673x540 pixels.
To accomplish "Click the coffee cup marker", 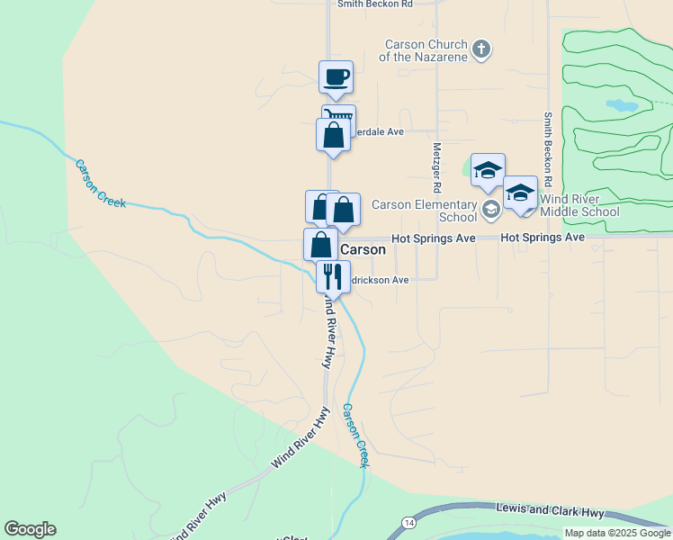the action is pos(336,77).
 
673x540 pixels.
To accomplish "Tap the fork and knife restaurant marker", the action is pos(333,276).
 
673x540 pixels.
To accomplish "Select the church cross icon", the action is pos(481,49).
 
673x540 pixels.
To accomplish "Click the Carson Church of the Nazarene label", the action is pos(426,50).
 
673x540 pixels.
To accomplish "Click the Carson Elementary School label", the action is pos(424,211).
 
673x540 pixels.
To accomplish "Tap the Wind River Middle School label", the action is pos(579,205).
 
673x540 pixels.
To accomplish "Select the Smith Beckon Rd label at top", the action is pos(374,4).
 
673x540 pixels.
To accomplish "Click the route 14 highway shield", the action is pos(409,522).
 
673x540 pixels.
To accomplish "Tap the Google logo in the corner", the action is pos(30,529).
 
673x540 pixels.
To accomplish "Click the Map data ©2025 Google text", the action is pos(618,533).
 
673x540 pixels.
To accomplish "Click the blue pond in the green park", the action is pos(622,105).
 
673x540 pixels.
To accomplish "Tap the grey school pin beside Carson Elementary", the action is pos(491,211).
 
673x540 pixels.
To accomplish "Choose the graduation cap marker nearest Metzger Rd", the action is pos(488,169).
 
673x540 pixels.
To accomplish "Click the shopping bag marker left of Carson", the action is pos(320,244).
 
